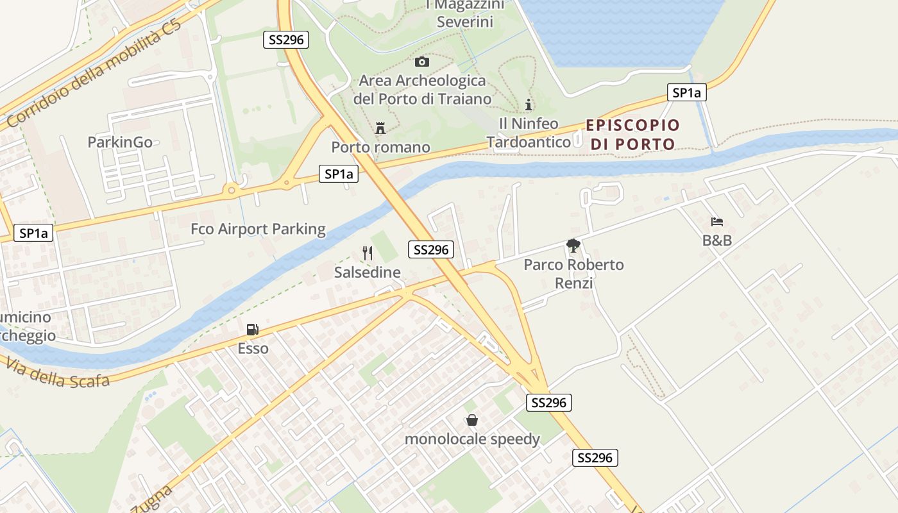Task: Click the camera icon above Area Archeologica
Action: [421, 62]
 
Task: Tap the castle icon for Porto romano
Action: [380, 128]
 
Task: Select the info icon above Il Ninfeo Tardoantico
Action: [529, 104]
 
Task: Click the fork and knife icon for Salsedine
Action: [368, 253]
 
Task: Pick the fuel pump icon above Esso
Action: [253, 330]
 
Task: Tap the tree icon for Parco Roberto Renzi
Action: [573, 245]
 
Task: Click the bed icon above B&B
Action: [717, 222]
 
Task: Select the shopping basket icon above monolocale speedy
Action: [472, 420]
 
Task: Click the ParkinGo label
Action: [120, 142]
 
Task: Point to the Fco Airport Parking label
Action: [258, 229]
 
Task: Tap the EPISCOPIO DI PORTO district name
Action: [632, 134]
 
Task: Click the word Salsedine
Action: [368, 272]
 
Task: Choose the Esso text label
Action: [253, 349]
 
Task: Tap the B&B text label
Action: [717, 241]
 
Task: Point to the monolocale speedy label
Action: [472, 439]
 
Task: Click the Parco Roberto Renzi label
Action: [573, 273]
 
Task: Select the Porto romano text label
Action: [380, 147]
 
